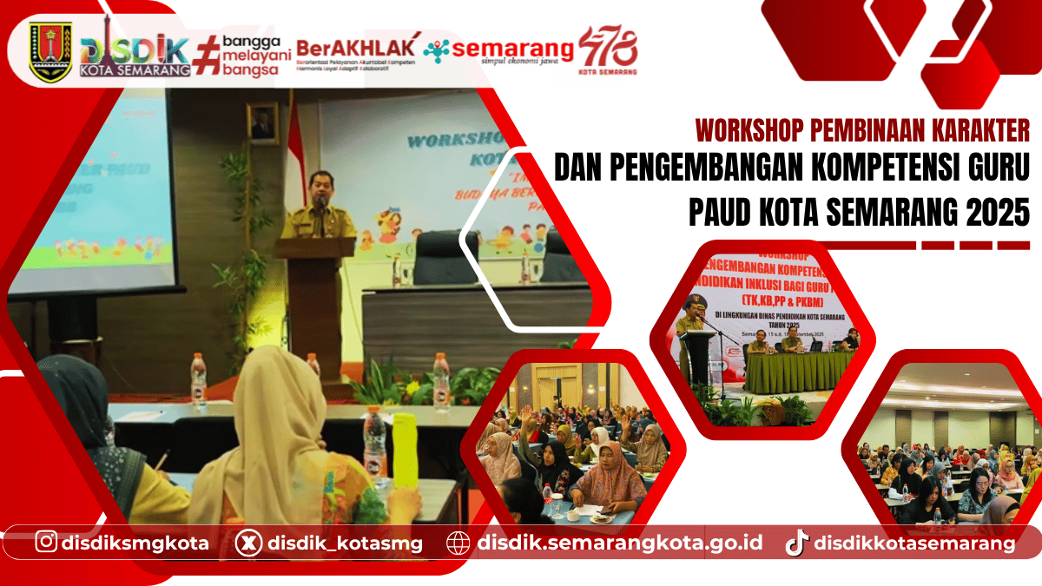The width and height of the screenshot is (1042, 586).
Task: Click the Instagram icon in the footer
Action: [x=48, y=543]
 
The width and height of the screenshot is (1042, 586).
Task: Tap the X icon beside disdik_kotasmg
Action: [x=247, y=543]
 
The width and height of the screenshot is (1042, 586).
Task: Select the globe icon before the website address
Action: [x=458, y=543]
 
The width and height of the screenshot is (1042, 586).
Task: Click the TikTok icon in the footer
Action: [x=796, y=543]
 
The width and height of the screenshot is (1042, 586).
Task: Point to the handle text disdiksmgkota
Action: [x=135, y=543]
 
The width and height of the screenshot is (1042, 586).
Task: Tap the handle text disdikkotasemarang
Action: [x=914, y=543]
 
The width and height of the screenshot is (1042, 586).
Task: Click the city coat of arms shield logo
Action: [x=50, y=50]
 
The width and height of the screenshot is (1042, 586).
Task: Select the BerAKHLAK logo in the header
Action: [x=356, y=50]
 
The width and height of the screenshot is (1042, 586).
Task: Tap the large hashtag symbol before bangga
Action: [x=205, y=55]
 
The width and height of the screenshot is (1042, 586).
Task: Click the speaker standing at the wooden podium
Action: [x=319, y=208]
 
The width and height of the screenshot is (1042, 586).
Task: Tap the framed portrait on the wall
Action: [x=262, y=123]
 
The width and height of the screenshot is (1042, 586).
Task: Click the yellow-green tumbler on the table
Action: [x=405, y=452]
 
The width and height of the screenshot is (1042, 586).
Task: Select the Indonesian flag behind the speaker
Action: [x=294, y=148]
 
